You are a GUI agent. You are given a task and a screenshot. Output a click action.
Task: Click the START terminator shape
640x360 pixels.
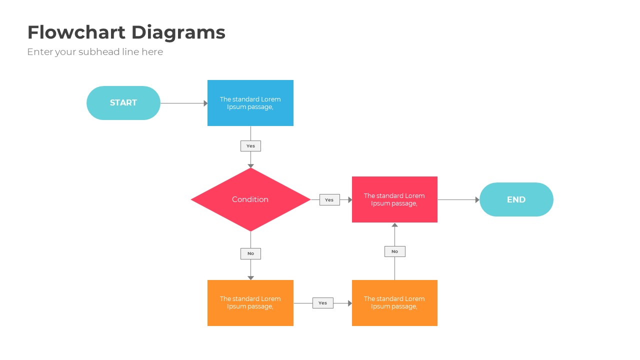[123, 103]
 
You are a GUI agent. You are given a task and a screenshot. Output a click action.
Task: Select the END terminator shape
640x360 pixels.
[516, 199]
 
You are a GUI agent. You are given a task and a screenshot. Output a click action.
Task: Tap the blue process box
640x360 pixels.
[250, 103]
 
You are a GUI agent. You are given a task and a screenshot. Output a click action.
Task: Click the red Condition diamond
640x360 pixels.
[250, 199]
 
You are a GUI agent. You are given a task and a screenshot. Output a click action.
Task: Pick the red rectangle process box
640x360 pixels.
[394, 199]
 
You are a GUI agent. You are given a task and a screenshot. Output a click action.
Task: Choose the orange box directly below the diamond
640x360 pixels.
[250, 303]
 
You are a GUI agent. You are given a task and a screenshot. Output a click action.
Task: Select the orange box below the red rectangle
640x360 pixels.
[394, 303]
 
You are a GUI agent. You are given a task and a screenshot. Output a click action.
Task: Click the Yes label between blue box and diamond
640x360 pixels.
[250, 146]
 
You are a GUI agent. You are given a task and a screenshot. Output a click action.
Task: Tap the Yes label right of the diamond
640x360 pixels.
[329, 200]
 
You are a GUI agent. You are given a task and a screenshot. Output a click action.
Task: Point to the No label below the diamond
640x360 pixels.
[250, 253]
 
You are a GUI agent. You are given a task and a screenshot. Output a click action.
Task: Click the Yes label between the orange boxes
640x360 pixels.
[322, 303]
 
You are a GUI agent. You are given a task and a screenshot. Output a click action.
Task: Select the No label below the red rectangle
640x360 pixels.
[394, 251]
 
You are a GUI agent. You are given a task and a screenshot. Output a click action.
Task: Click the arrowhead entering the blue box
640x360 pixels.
[205, 103]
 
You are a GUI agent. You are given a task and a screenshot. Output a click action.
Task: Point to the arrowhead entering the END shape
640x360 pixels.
[477, 200]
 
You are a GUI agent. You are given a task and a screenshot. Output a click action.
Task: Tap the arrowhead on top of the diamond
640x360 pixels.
[250, 166]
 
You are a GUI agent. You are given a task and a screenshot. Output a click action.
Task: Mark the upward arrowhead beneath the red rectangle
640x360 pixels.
[394, 225]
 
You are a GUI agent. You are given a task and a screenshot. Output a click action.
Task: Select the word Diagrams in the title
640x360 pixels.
[178, 32]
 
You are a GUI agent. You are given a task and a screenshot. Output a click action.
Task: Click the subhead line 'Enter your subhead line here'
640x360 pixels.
[95, 52]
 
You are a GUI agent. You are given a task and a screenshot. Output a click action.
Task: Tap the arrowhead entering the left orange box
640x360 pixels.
[250, 278]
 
